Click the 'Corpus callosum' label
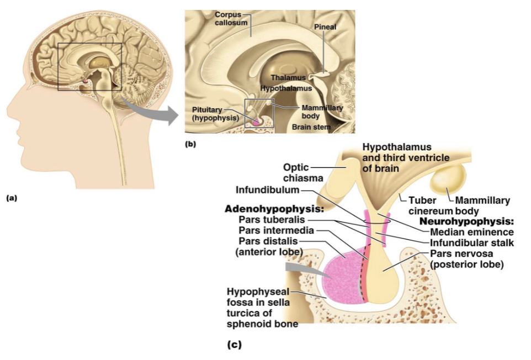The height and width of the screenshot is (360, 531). click(231, 19)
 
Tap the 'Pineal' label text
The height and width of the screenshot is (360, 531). click(325, 27)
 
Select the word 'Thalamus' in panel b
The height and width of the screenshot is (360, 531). click(288, 77)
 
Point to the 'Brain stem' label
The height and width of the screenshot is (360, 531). click(311, 127)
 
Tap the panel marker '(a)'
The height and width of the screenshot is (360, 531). click(11, 198)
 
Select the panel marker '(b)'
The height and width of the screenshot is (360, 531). click(190, 144)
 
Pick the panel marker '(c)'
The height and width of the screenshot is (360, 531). click(235, 345)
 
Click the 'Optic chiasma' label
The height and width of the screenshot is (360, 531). click(303, 173)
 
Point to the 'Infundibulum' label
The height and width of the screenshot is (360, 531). click(268, 189)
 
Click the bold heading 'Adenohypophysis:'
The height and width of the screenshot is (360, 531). click(274, 209)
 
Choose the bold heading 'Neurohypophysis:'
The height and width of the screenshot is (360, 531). click(466, 221)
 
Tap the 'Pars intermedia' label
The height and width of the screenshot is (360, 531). click(277, 231)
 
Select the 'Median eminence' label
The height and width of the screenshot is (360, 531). click(472, 232)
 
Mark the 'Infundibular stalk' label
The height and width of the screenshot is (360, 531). click(472, 243)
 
